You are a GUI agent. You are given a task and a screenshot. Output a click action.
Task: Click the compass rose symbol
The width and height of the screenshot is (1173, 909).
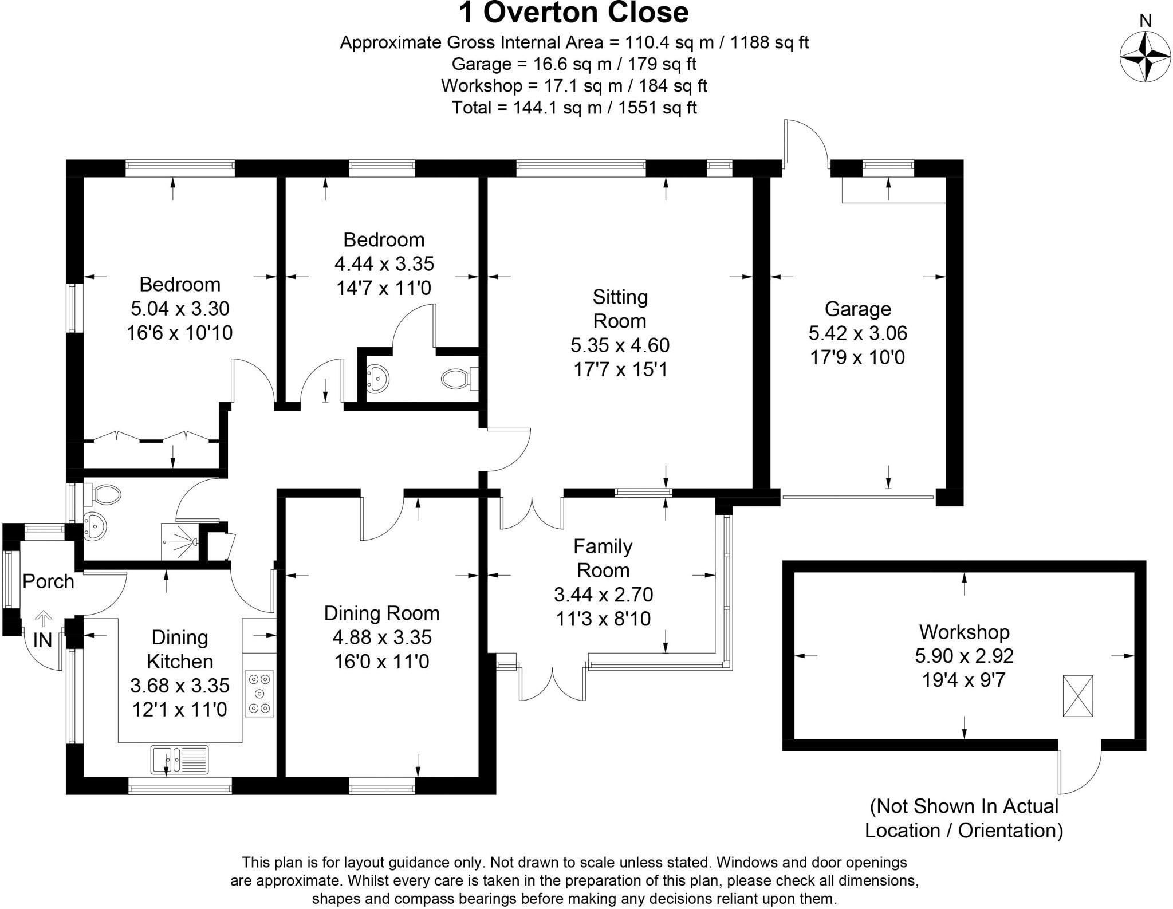[1144, 57]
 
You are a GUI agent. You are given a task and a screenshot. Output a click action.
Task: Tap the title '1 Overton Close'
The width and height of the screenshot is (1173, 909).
[574, 13]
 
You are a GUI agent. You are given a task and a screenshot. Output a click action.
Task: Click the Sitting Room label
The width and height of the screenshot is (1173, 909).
[620, 309]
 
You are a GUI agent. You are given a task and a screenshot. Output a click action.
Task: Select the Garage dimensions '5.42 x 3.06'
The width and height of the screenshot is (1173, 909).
[857, 333]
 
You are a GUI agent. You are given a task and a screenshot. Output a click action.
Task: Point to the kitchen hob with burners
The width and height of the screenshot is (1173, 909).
[259, 694]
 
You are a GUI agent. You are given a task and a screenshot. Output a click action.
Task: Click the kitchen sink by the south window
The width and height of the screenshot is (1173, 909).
[180, 759]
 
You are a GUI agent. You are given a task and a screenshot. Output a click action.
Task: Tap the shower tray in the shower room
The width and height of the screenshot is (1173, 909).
[180, 541]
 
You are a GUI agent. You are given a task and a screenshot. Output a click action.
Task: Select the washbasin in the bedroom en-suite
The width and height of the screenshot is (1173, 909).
[377, 378]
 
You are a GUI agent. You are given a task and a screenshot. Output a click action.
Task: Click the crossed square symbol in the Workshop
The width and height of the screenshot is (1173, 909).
[1077, 696]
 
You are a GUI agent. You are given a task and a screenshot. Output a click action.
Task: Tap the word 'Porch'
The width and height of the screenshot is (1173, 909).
[48, 581]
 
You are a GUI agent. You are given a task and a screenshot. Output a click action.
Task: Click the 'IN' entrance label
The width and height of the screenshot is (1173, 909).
[42, 640]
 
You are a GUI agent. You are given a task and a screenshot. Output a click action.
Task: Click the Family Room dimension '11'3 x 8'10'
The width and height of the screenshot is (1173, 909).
[603, 619]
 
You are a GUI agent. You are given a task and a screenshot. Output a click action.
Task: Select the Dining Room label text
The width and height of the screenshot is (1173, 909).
[381, 613]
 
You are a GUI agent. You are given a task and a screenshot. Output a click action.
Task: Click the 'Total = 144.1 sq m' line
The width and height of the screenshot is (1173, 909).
[574, 107]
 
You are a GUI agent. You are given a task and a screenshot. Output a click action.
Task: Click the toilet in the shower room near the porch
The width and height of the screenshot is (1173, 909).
[105, 494]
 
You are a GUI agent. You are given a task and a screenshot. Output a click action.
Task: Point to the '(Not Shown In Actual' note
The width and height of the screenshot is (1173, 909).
[964, 806]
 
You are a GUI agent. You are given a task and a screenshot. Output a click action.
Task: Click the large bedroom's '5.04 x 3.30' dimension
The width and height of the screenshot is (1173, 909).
[180, 308]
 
